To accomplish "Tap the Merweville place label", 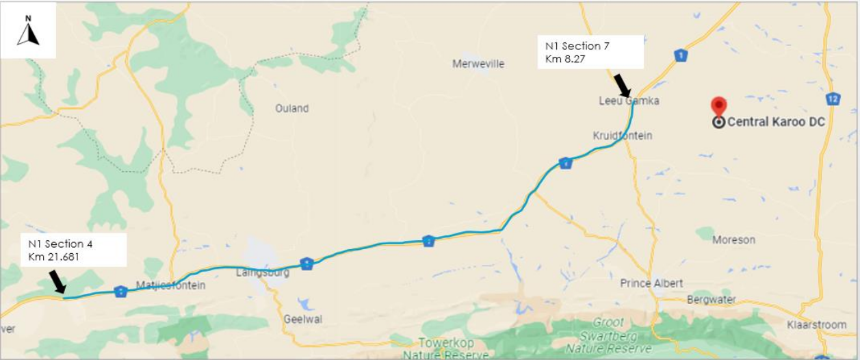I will (478, 64).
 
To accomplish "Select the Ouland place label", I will (292, 108).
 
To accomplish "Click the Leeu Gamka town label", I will (629, 101).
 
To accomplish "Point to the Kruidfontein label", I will (622, 136).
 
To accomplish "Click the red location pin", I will (718, 106).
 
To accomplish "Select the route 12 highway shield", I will (832, 99).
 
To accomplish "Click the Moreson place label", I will (733, 240).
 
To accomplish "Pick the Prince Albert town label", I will (651, 283).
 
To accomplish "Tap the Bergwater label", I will (711, 300).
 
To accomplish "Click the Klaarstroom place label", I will (816, 324).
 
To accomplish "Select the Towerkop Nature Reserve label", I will (445, 348).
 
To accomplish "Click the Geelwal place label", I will (303, 319).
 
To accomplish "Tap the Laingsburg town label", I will (263, 272).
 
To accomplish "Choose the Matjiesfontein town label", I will (170, 285).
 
